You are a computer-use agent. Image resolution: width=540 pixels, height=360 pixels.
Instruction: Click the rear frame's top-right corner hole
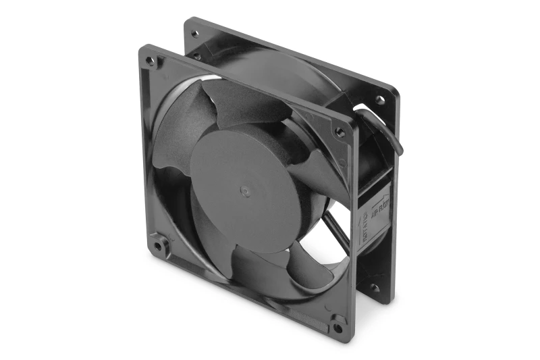click(x=380, y=99)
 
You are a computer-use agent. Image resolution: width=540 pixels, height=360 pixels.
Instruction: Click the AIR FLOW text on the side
click(x=379, y=203)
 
